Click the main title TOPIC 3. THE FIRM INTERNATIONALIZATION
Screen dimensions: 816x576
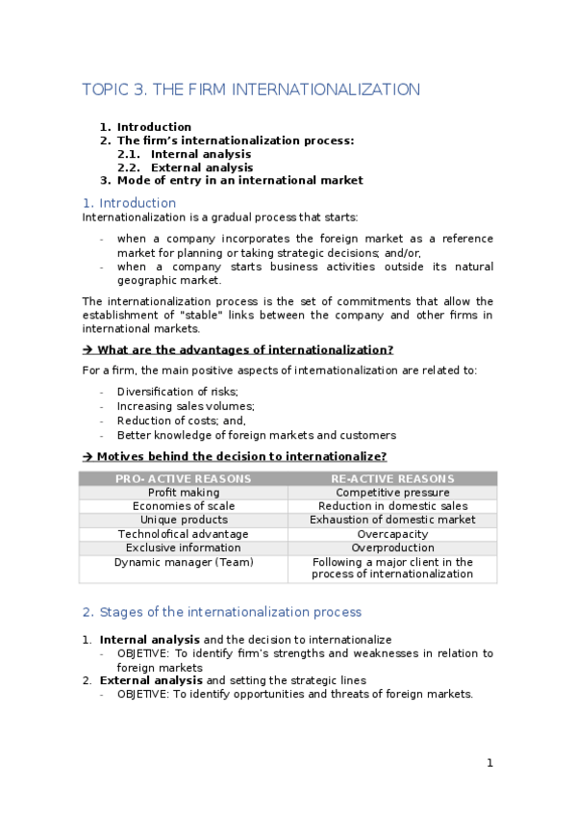tap(251, 89)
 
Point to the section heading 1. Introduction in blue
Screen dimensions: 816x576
tap(129, 203)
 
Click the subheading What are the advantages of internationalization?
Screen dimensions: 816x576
tap(244, 350)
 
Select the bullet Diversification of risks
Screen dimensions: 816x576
tap(177, 392)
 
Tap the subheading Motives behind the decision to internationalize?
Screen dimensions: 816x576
tap(241, 457)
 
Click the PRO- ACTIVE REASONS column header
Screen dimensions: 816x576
tap(183, 478)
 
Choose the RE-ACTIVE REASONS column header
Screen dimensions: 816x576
tap(392, 478)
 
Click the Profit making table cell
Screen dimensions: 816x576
tap(183, 493)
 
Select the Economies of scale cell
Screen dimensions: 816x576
tap(183, 506)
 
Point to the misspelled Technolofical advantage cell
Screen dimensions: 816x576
tap(183, 534)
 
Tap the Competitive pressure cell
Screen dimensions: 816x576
tap(392, 493)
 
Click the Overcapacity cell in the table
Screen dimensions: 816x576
tap(392, 534)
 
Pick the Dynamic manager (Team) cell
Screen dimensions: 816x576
tap(183, 562)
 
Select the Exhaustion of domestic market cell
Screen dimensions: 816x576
tap(392, 520)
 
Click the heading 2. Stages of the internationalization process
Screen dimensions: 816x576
tap(221, 612)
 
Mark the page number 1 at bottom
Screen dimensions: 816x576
tap(489, 763)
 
